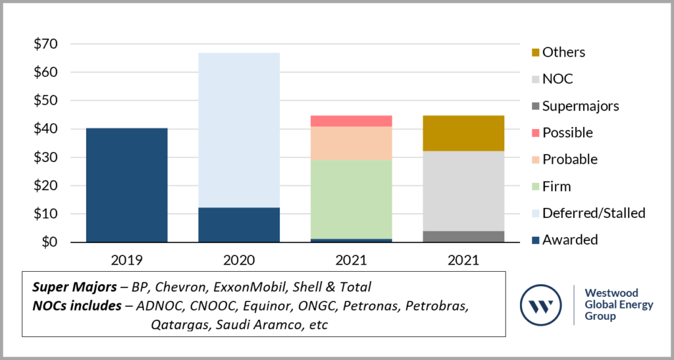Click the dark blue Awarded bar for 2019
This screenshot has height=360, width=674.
coord(126,185)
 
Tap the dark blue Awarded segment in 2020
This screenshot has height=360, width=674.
coord(239,224)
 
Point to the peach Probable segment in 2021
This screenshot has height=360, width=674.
coord(351,143)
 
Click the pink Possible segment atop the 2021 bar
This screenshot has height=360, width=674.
coord(351,120)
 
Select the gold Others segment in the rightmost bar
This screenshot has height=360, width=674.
coord(463,133)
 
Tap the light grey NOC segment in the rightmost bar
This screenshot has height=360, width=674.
coord(463,191)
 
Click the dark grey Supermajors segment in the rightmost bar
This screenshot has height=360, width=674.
coord(463,236)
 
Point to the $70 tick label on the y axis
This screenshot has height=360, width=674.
coord(45,44)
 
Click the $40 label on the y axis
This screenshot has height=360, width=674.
coord(45,129)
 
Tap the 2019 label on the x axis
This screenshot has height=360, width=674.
coord(126,259)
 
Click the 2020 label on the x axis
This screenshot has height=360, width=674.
coord(239,259)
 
